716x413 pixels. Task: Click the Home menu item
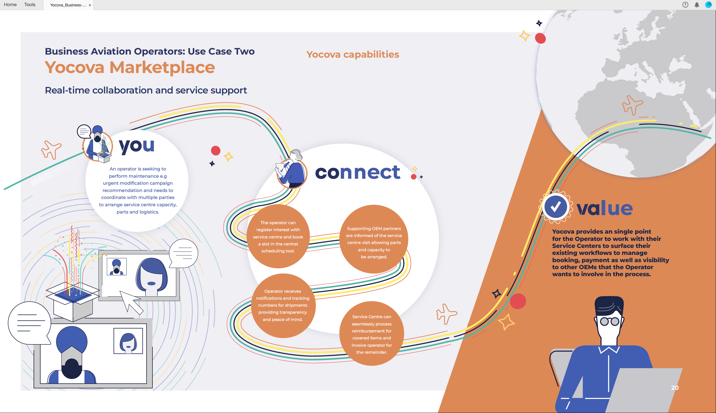click(x=10, y=4)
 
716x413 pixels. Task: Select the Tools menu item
click(x=30, y=4)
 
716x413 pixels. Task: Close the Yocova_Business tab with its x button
click(x=90, y=5)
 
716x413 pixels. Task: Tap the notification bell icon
click(x=697, y=5)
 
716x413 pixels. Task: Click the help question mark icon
click(x=685, y=5)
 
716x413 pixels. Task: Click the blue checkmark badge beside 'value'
click(x=555, y=207)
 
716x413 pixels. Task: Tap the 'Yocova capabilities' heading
click(x=353, y=54)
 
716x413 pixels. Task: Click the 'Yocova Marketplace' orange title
click(x=130, y=67)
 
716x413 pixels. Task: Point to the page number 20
click(x=675, y=388)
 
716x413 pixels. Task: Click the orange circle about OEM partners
click(x=374, y=239)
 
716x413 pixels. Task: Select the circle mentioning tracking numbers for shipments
click(x=283, y=306)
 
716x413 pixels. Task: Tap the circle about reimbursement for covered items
click(x=372, y=334)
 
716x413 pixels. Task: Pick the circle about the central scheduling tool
click(x=278, y=236)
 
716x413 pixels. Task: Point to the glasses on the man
click(x=609, y=322)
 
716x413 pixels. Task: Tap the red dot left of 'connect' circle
click(x=216, y=151)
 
